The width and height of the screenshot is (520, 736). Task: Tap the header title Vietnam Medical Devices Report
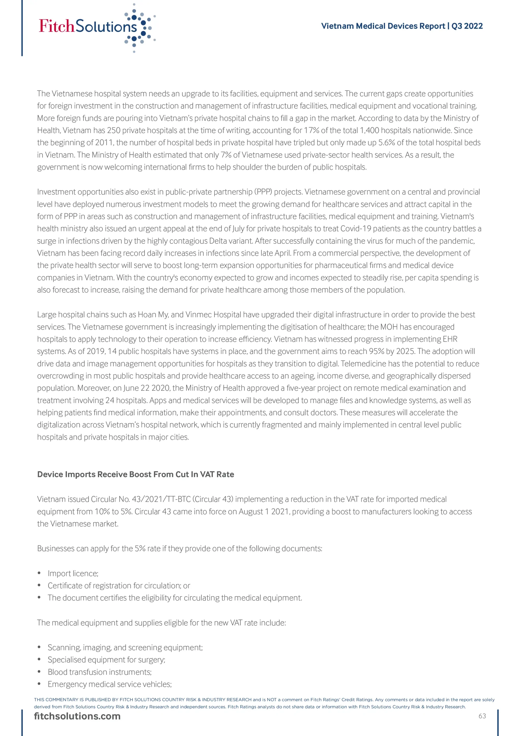pyautogui.click(x=402, y=26)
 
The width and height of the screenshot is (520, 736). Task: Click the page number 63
pyautogui.click(x=482, y=716)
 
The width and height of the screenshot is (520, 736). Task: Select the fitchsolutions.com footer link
pyautogui.click(x=77, y=716)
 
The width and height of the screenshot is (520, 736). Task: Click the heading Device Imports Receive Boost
pyautogui.click(x=136, y=474)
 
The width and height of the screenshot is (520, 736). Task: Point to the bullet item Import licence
pyautogui.click(x=73, y=574)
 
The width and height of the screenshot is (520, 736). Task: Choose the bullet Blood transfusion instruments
pyautogui.click(x=100, y=672)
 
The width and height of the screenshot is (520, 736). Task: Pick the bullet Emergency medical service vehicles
pyautogui.click(x=109, y=684)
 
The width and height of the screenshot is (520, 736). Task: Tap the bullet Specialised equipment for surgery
pyautogui.click(x=106, y=660)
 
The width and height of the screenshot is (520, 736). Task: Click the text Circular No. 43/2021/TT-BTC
pyautogui.click(x=141, y=499)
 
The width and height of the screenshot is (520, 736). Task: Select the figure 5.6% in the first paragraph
pyautogui.click(x=386, y=143)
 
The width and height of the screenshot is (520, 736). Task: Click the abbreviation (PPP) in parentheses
pyautogui.click(x=263, y=192)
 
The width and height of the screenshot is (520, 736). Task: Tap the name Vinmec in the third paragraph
pyautogui.click(x=198, y=315)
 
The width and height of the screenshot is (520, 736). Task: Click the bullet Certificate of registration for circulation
pyautogui.click(x=119, y=586)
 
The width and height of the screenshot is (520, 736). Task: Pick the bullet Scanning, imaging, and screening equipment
pyautogui.click(x=125, y=647)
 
